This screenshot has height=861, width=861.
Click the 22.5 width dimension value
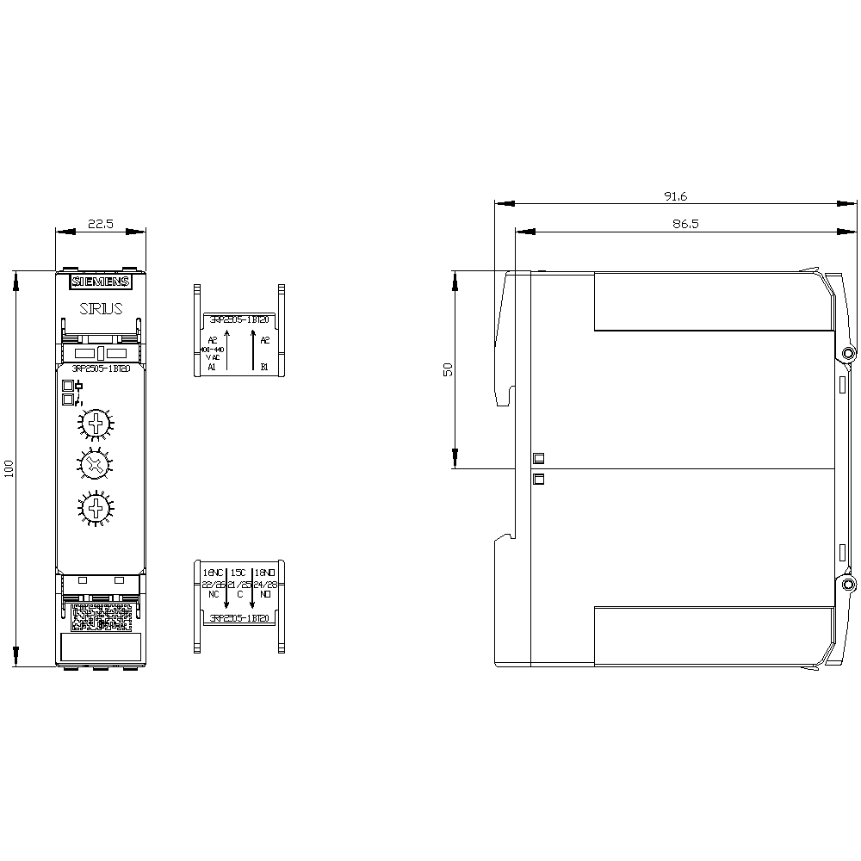pyautogui.click(x=100, y=224)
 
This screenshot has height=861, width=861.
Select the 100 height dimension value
pyautogui.click(x=9, y=468)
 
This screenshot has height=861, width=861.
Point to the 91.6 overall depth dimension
pyautogui.click(x=675, y=196)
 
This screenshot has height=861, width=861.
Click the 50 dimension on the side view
pyautogui.click(x=448, y=369)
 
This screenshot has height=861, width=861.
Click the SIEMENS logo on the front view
pyautogui.click(x=100, y=282)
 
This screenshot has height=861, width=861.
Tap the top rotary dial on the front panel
pyautogui.click(x=93, y=424)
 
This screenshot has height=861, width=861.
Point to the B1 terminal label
pyautogui.click(x=264, y=367)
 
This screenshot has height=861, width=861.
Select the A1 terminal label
pyautogui.click(x=212, y=367)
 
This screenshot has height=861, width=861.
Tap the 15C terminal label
pyautogui.click(x=239, y=572)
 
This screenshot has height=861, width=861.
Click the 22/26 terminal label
pyautogui.click(x=214, y=584)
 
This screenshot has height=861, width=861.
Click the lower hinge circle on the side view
pyautogui.click(x=848, y=585)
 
